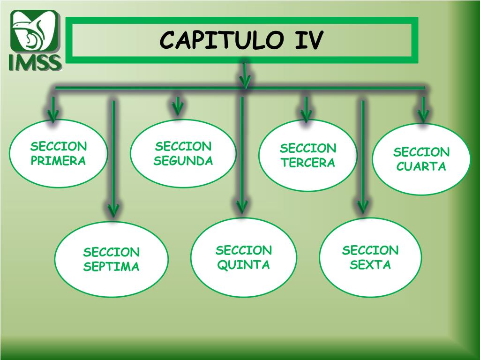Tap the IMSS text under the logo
pos(36,62)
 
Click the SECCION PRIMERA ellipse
pos(59,153)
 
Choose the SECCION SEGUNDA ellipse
pos(183,153)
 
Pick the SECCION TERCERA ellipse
pos(308,156)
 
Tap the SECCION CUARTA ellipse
pos(421,159)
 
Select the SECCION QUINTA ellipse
pos(244,257)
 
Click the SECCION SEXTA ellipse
pos(370,257)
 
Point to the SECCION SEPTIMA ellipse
pos(112,259)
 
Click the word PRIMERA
pos(59,161)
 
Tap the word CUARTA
pos(421,166)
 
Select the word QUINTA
pos(244,265)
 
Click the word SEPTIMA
pos(112,267)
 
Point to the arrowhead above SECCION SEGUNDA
pos(177,108)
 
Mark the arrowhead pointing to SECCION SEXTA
pos(363,206)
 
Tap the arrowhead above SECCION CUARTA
pos(423,114)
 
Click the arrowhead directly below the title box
pos(245,81)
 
